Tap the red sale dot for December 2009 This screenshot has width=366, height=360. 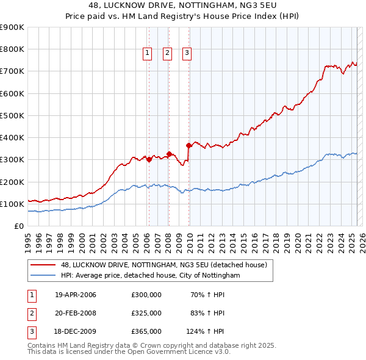click(x=189, y=145)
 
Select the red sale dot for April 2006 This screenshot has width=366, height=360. click(x=149, y=159)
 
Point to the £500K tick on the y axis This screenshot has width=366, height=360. click(x=13, y=115)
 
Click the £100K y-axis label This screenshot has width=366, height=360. click(x=13, y=204)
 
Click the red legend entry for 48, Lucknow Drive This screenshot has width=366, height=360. click(x=163, y=265)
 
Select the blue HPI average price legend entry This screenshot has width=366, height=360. click(x=150, y=276)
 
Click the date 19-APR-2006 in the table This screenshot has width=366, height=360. click(x=76, y=295)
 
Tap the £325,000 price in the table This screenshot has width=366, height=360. click(x=146, y=313)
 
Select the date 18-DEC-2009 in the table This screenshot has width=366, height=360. click(x=76, y=331)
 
